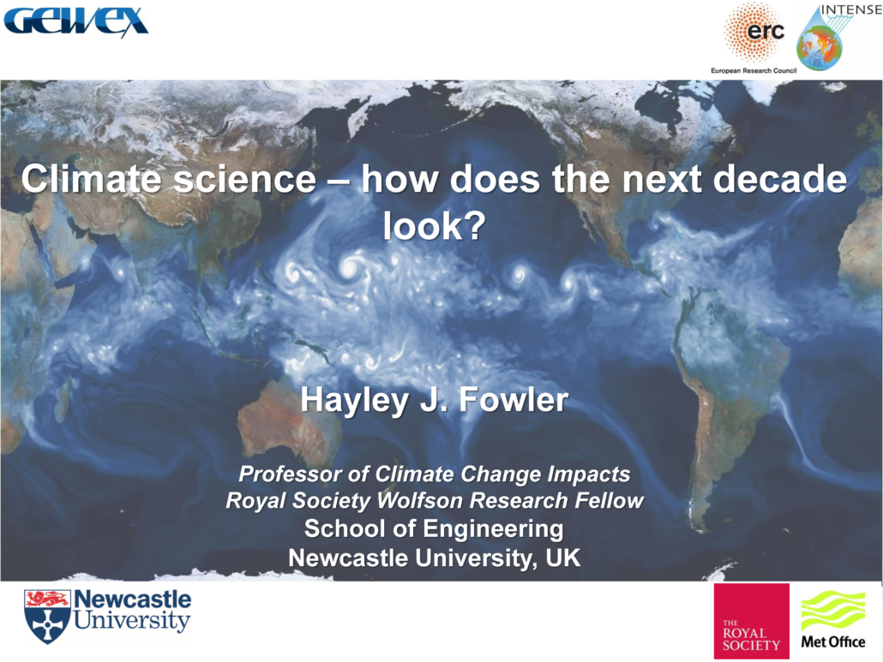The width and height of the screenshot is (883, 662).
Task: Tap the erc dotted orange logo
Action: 754,33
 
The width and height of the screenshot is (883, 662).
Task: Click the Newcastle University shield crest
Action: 47,617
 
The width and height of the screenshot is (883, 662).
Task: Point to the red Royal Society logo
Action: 751,621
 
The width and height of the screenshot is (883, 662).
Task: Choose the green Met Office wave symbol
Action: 833,611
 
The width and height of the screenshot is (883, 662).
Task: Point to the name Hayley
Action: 354,401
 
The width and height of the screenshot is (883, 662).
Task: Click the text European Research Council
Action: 754,70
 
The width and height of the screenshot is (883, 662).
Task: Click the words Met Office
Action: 833,641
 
